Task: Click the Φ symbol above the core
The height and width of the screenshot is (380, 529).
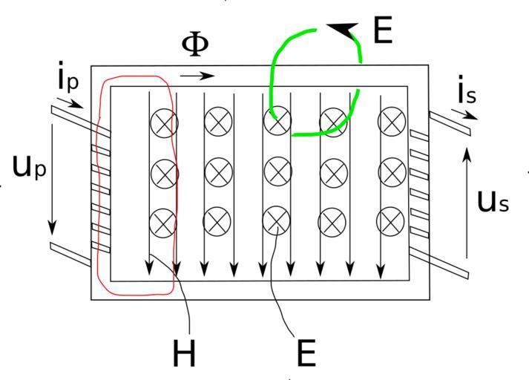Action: click(195, 44)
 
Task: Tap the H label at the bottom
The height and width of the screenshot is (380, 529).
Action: click(185, 353)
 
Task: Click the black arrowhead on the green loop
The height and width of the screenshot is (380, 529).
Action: click(342, 30)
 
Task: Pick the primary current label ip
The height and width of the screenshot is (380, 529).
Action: click(68, 79)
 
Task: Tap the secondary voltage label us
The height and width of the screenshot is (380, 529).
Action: click(493, 201)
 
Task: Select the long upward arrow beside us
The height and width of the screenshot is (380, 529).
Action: click(467, 201)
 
